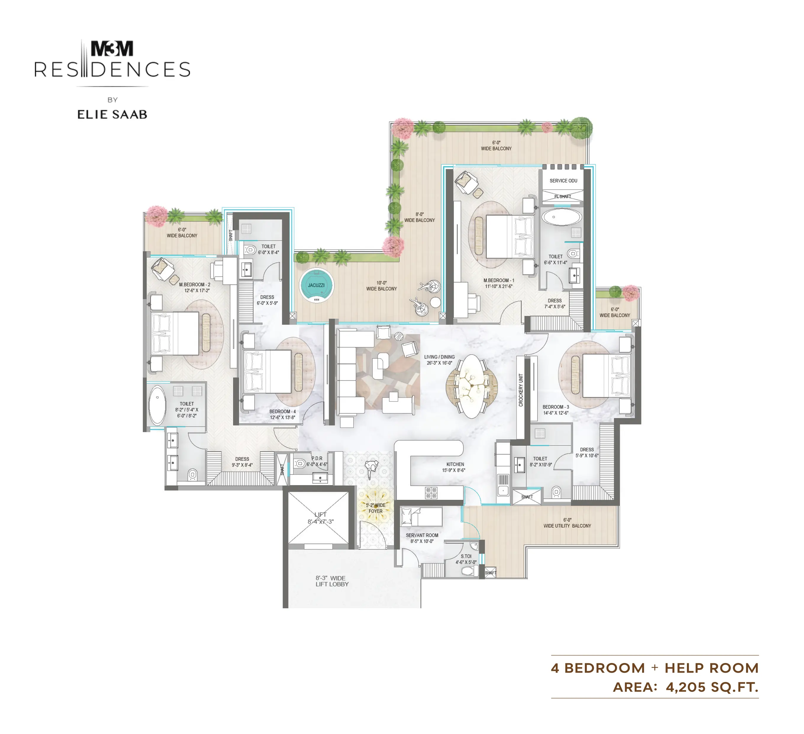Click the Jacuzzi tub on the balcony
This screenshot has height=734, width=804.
click(317, 286)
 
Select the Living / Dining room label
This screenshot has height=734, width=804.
click(439, 360)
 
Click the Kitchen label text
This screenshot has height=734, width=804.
click(455, 464)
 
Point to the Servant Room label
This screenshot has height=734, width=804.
click(422, 535)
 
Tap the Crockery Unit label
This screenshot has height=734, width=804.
click(521, 390)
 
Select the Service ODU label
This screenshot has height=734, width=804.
click(563, 181)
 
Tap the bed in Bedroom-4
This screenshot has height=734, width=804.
click(267, 371)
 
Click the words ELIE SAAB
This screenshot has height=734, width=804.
click(112, 115)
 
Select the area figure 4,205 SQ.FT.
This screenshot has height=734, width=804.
click(712, 687)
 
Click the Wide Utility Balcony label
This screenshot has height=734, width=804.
click(567, 526)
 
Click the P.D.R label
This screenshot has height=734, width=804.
click(317, 458)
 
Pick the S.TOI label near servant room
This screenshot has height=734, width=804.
click(466, 556)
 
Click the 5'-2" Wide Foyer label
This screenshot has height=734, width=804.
click(376, 508)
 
